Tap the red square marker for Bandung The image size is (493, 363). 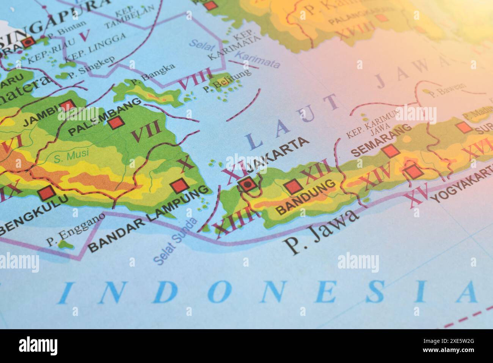tap(292, 186)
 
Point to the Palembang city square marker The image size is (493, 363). tap(115, 122)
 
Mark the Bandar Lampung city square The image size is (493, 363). tap(179, 186)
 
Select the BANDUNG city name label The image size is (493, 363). tap(307, 197)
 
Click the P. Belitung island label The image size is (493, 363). tap(226, 80)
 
